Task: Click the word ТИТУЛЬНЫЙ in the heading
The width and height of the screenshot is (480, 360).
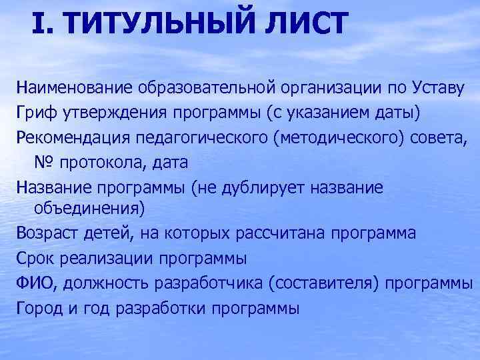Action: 155,24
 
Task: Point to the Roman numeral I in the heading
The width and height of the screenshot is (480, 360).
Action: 38,24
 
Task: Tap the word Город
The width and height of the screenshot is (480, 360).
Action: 39,308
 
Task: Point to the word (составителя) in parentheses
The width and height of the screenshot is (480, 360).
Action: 325,283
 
